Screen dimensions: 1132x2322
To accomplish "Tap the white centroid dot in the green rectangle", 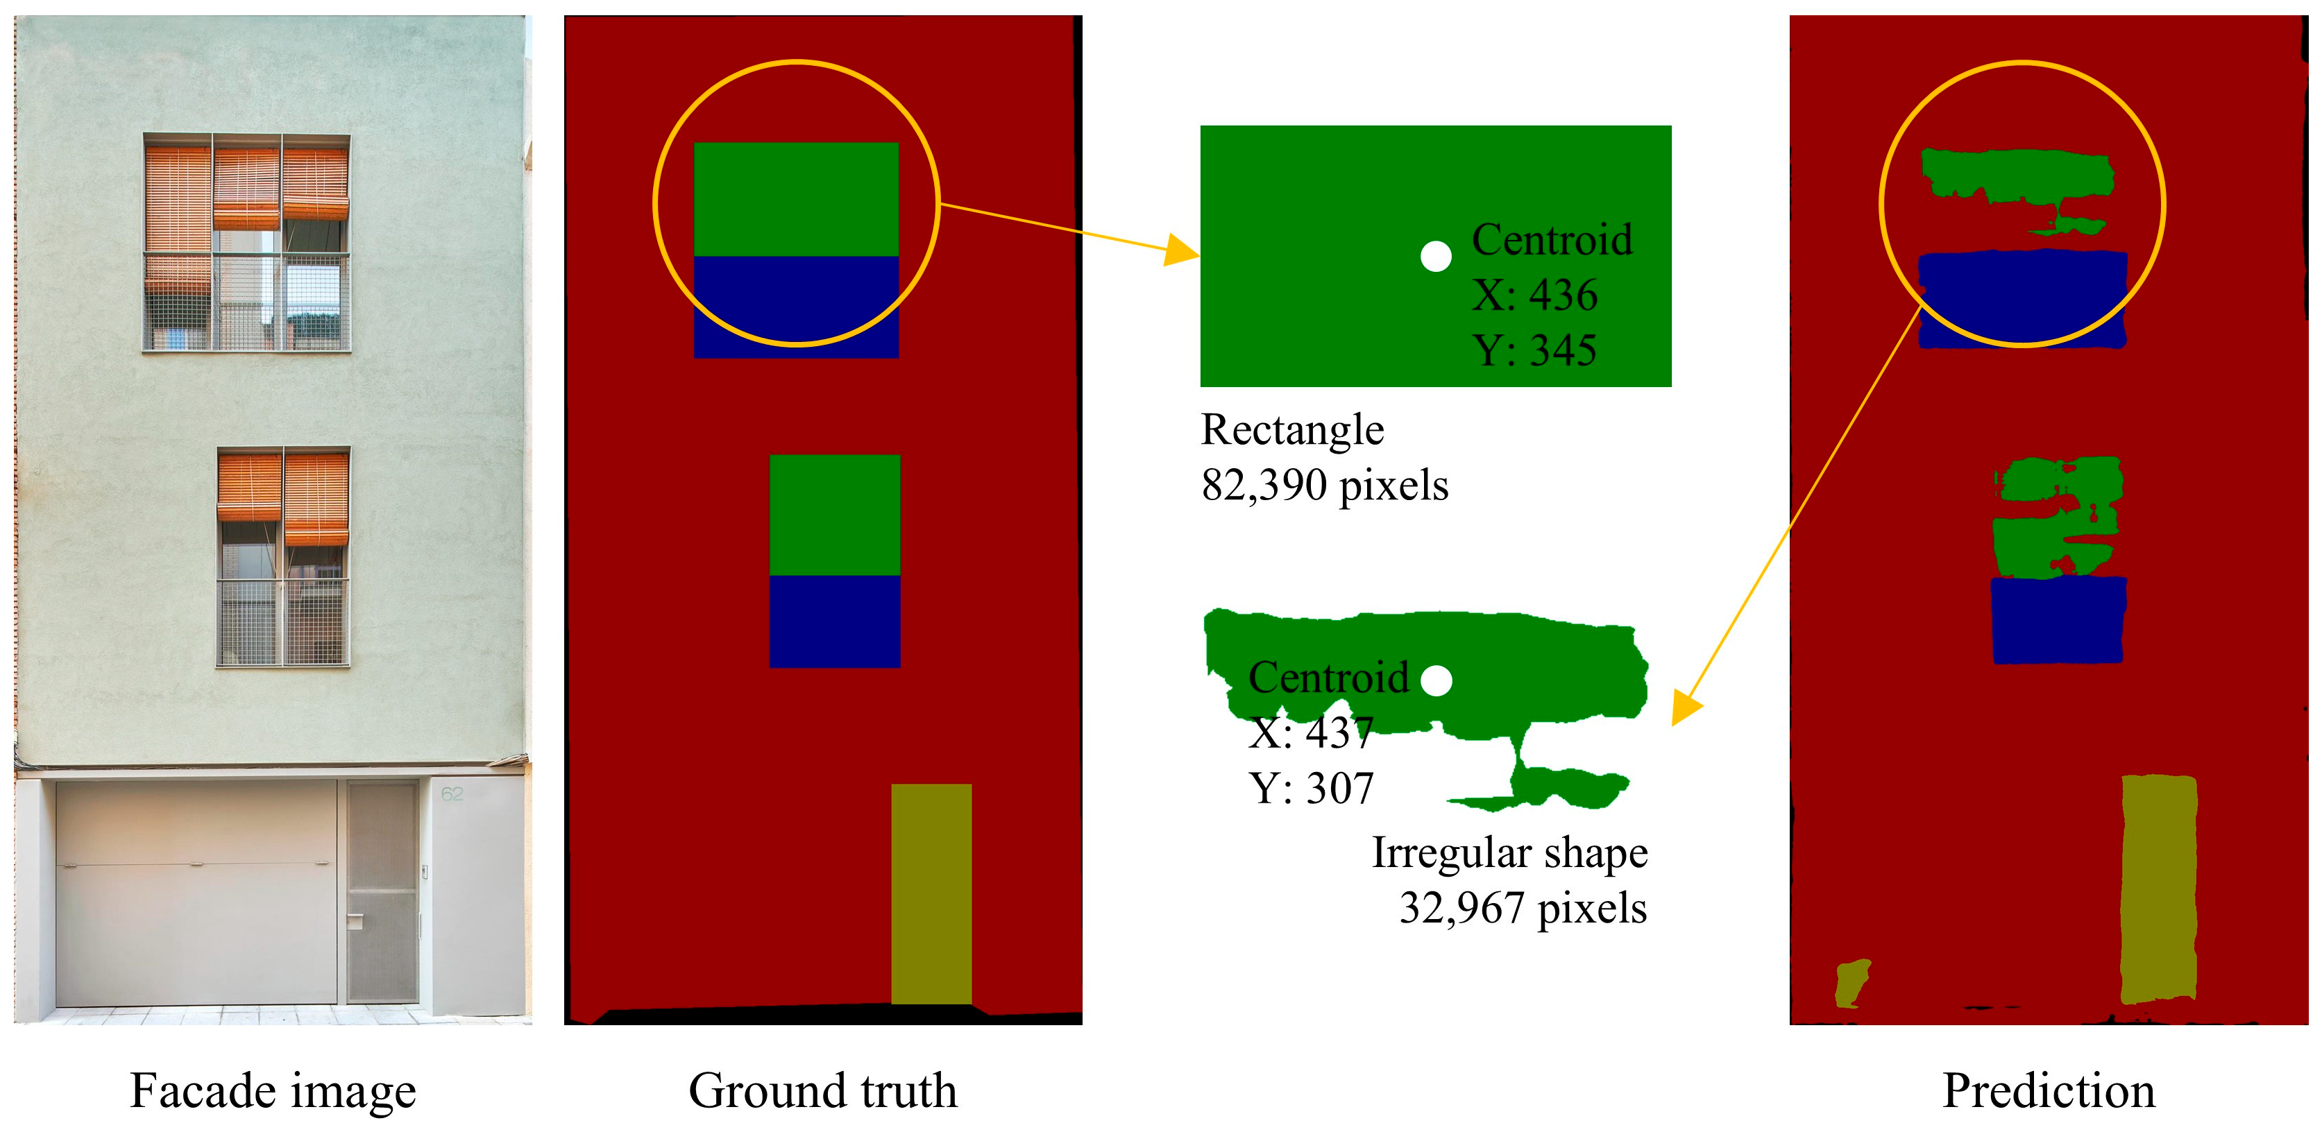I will [1436, 257].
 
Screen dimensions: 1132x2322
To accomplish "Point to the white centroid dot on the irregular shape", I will [1436, 680].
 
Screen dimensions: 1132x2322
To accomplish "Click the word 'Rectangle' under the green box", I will [1291, 430].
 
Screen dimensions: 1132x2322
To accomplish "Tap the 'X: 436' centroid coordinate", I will [1534, 295].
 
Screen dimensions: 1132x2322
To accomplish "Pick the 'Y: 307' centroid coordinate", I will [1311, 789].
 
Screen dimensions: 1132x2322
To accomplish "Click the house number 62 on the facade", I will [452, 794].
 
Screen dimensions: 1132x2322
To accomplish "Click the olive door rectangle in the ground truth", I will [931, 892].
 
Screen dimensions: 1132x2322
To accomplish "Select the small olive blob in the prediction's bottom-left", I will [1852, 982].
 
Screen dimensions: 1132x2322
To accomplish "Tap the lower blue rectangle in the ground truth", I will [835, 622].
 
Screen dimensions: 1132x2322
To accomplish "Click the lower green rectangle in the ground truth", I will [835, 515].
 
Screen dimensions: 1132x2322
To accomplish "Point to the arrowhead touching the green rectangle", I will [1183, 249].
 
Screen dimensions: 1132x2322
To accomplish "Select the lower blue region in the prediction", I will [2057, 620].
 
